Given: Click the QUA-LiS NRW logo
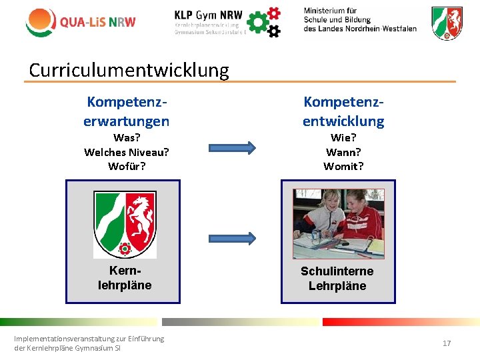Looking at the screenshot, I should pyautogui.click(x=80, y=21).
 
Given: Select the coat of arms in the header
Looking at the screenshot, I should pyautogui.click(x=447, y=23).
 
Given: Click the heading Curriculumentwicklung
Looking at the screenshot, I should pyautogui.click(x=129, y=70).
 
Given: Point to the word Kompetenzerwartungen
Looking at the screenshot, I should pyautogui.click(x=126, y=111).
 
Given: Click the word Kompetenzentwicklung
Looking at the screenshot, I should pyautogui.click(x=343, y=111).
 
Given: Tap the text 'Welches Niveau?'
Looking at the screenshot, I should pyautogui.click(x=126, y=152).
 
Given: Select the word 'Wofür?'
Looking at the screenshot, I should pyautogui.click(x=126, y=166).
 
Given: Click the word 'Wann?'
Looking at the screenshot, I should pyautogui.click(x=343, y=152).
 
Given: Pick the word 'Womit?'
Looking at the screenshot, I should pyautogui.click(x=343, y=166).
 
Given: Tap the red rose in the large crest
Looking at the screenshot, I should pyautogui.click(x=125, y=249).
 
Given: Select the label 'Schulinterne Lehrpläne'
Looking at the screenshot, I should pyautogui.click(x=337, y=279).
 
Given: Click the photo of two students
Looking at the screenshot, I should pyautogui.click(x=339, y=224).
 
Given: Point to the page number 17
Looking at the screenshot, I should pyautogui.click(x=447, y=343).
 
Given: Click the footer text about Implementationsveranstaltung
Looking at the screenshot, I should pyautogui.click(x=89, y=343).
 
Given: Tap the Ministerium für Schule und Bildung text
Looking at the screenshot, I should pyautogui.click(x=359, y=20).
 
